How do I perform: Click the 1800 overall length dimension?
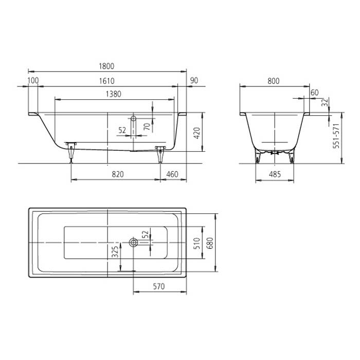click(106, 66)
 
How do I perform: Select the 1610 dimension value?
click(106, 80)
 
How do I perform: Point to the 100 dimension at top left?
click(33, 80)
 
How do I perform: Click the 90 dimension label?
click(194, 80)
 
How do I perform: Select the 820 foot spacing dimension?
click(118, 174)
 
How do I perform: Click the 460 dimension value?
click(172, 174)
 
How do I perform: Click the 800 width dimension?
click(274, 80)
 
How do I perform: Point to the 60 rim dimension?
click(315, 92)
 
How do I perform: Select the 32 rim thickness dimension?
click(324, 102)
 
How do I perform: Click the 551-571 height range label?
click(337, 136)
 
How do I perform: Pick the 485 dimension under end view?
click(275, 174)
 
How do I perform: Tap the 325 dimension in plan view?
click(115, 251)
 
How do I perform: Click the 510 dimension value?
click(195, 243)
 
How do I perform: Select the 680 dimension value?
click(208, 243)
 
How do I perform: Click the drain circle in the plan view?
click(134, 242)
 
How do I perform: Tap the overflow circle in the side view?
click(134, 118)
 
